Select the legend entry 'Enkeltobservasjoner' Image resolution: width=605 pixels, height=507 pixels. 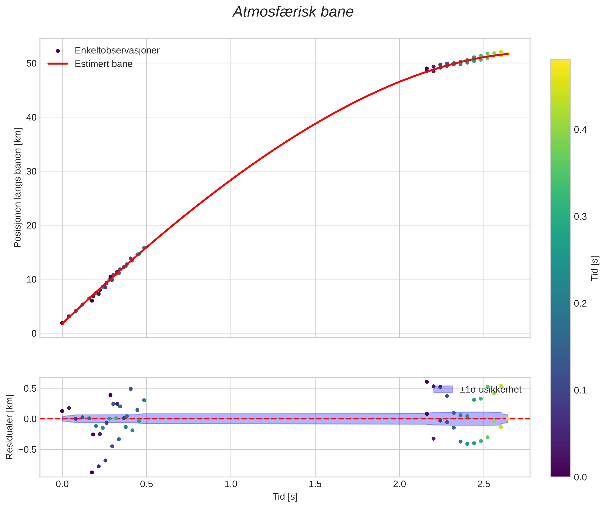pos(117,51)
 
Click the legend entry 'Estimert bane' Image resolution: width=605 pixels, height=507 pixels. pos(103,64)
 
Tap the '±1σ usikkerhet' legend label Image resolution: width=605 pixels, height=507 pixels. pos(490,390)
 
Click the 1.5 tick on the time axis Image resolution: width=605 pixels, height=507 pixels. pos(315,484)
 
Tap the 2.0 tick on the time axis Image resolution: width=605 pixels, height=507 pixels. pos(399,484)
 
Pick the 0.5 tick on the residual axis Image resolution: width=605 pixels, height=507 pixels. pos(30,388)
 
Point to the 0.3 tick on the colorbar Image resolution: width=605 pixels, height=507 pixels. pos(580,217)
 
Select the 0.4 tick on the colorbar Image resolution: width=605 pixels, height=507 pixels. pos(580,130)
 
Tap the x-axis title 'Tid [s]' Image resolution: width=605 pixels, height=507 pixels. pos(285,497)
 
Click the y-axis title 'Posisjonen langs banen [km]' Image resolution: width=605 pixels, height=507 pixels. pos(18,188)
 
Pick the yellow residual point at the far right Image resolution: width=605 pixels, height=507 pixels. pos(508,419)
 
